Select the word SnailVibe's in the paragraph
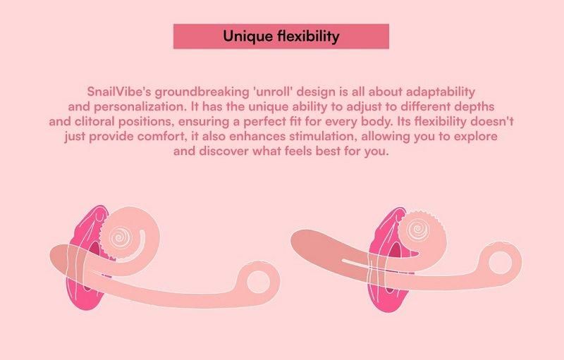119,92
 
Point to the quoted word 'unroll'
272,92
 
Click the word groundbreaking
202,92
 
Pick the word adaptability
440,92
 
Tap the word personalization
140,106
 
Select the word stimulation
323,137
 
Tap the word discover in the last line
223,151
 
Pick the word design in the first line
315,92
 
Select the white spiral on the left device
121,237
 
